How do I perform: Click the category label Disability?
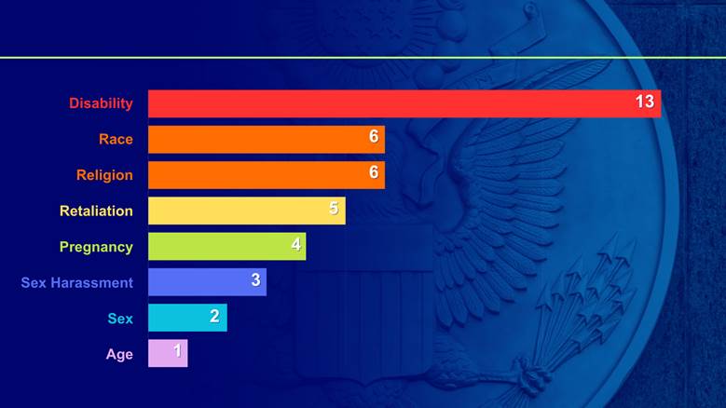101,103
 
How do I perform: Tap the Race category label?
116,140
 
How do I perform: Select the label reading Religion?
104,175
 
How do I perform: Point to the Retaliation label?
96,211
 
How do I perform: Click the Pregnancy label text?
96,247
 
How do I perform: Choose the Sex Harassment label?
77,282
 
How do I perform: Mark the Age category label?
119,354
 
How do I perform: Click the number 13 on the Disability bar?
645,102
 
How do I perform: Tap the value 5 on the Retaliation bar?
334,209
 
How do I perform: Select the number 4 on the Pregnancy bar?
295,244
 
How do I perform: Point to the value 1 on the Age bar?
177,351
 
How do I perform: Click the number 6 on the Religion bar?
374,172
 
